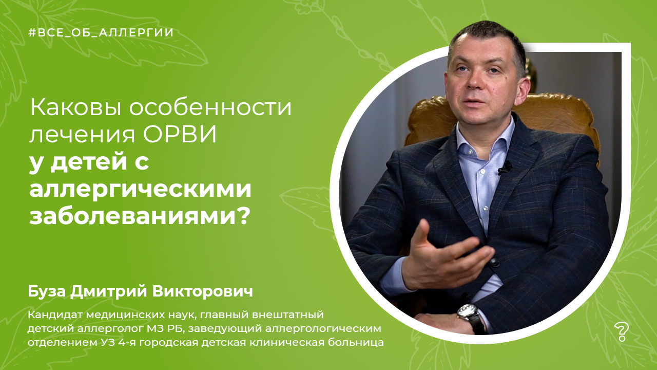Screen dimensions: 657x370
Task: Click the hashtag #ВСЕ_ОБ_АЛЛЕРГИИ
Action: [x=101, y=32]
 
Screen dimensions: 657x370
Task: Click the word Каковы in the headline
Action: [x=76, y=108]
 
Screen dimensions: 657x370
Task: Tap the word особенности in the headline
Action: [x=210, y=108]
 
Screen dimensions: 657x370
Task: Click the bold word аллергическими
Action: [x=140, y=191]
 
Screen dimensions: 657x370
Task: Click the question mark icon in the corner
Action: [x=621, y=332]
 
